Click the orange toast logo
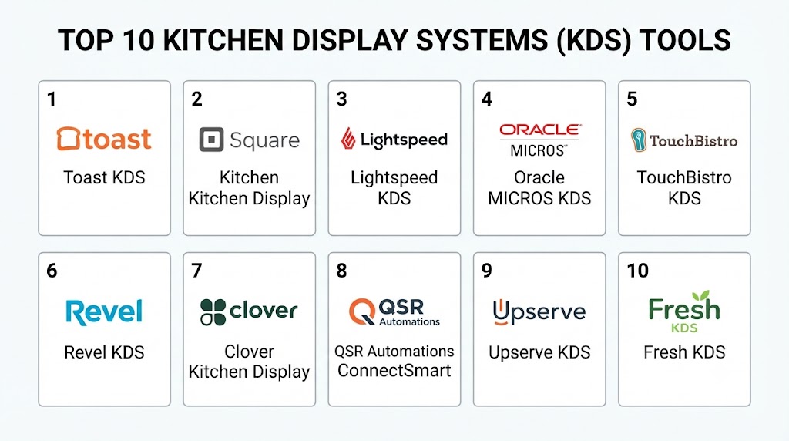click(104, 139)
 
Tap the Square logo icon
click(211, 140)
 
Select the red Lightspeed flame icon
click(347, 139)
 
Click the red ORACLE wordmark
click(540, 130)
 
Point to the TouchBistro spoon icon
click(639, 140)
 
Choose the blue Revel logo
click(104, 312)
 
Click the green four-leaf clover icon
click(213, 312)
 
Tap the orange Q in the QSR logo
click(362, 311)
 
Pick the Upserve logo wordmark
click(539, 312)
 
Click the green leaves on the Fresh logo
click(700, 295)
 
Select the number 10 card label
click(637, 271)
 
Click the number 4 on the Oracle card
click(487, 99)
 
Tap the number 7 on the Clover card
click(196, 271)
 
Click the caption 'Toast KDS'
click(104, 177)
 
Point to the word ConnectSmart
click(394, 371)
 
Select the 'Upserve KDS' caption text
click(539, 352)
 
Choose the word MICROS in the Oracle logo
click(538, 150)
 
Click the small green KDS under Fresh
click(684, 328)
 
